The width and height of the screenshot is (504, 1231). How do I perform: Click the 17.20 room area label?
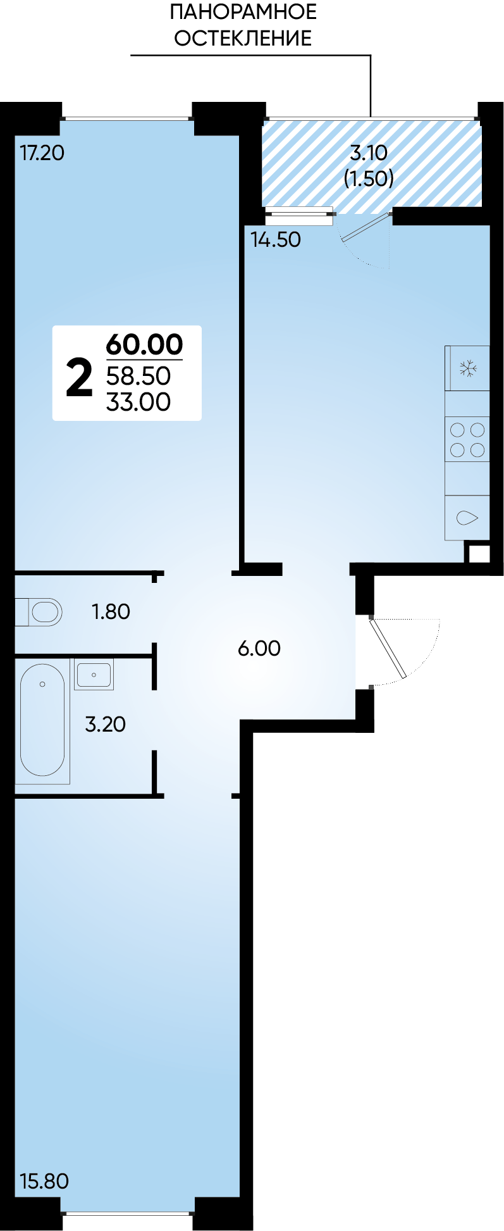coord(42,153)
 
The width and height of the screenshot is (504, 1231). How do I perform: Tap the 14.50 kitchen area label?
coord(276,239)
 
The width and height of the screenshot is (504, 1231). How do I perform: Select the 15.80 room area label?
coord(44,1181)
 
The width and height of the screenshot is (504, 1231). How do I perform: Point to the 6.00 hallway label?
coord(259,648)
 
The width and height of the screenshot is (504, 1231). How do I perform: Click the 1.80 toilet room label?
coord(111,611)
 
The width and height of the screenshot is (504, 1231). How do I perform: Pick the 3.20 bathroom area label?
coord(106,724)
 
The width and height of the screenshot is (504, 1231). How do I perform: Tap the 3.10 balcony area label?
coord(369,153)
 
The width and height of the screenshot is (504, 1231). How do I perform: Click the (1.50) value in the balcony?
coord(369,178)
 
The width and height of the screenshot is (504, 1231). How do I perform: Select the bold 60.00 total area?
coord(145,344)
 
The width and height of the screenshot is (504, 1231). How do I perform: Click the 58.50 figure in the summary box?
coord(138,376)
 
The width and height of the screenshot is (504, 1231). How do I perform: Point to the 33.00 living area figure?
coord(138,402)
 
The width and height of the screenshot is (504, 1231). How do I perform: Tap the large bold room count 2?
coord(80,378)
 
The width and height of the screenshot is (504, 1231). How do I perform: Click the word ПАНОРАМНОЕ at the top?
coord(243,11)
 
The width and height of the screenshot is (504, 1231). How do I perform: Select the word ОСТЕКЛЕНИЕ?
coord(243,38)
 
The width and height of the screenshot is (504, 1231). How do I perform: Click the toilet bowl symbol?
coord(39,612)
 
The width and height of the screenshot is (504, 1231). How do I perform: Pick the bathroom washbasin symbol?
coord(94,675)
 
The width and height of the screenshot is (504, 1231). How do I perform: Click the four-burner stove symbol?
coord(467,440)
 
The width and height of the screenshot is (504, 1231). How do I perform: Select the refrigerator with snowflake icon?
coord(467,368)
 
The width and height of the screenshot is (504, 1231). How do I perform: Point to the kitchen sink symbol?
coord(467,518)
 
